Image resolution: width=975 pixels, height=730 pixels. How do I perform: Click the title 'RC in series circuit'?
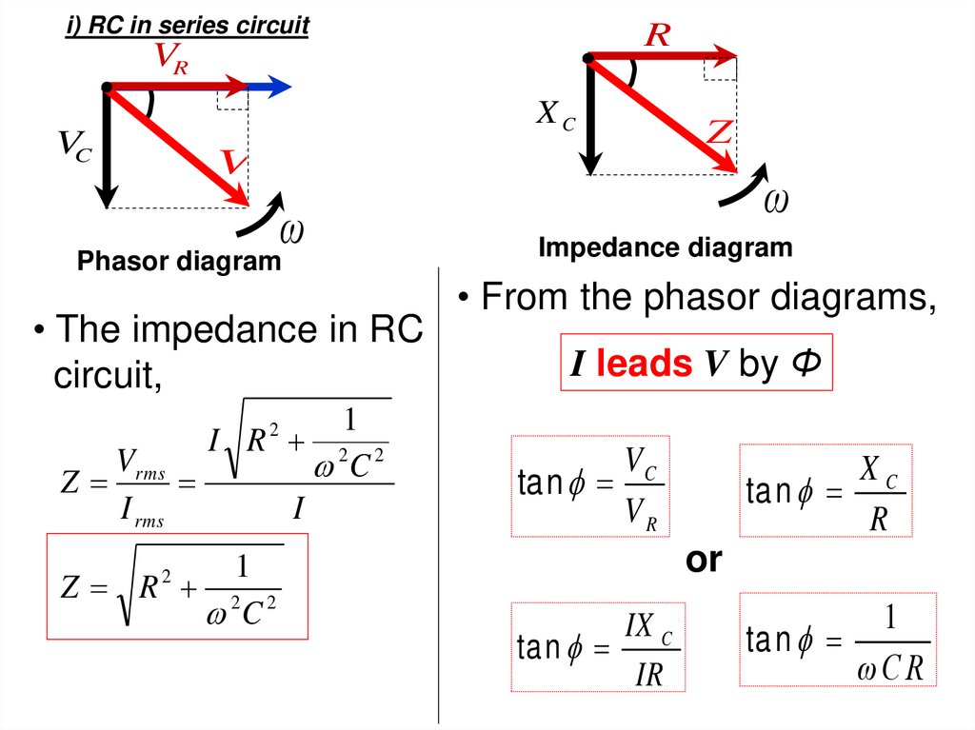click(187, 26)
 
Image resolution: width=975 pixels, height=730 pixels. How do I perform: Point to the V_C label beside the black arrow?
click(73, 147)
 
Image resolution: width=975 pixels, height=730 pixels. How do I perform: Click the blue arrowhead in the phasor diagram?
click(278, 88)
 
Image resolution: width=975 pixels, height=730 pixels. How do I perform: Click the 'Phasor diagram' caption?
click(179, 262)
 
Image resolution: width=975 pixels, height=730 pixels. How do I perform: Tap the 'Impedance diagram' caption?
click(665, 248)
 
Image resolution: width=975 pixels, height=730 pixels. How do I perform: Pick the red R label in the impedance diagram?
click(657, 35)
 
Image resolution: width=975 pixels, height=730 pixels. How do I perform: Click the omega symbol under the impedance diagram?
click(777, 201)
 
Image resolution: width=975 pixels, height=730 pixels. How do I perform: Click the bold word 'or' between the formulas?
click(705, 561)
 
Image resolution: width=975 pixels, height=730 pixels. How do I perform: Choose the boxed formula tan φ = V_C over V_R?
click(589, 485)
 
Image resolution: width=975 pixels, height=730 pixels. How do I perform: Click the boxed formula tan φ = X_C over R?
click(826, 490)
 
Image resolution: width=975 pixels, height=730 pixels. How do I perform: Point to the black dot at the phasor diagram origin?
click(107, 89)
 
